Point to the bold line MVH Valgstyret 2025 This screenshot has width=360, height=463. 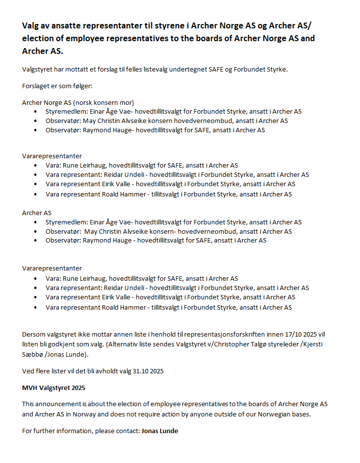pos(53,388)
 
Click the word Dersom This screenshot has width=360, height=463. pos(33,334)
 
